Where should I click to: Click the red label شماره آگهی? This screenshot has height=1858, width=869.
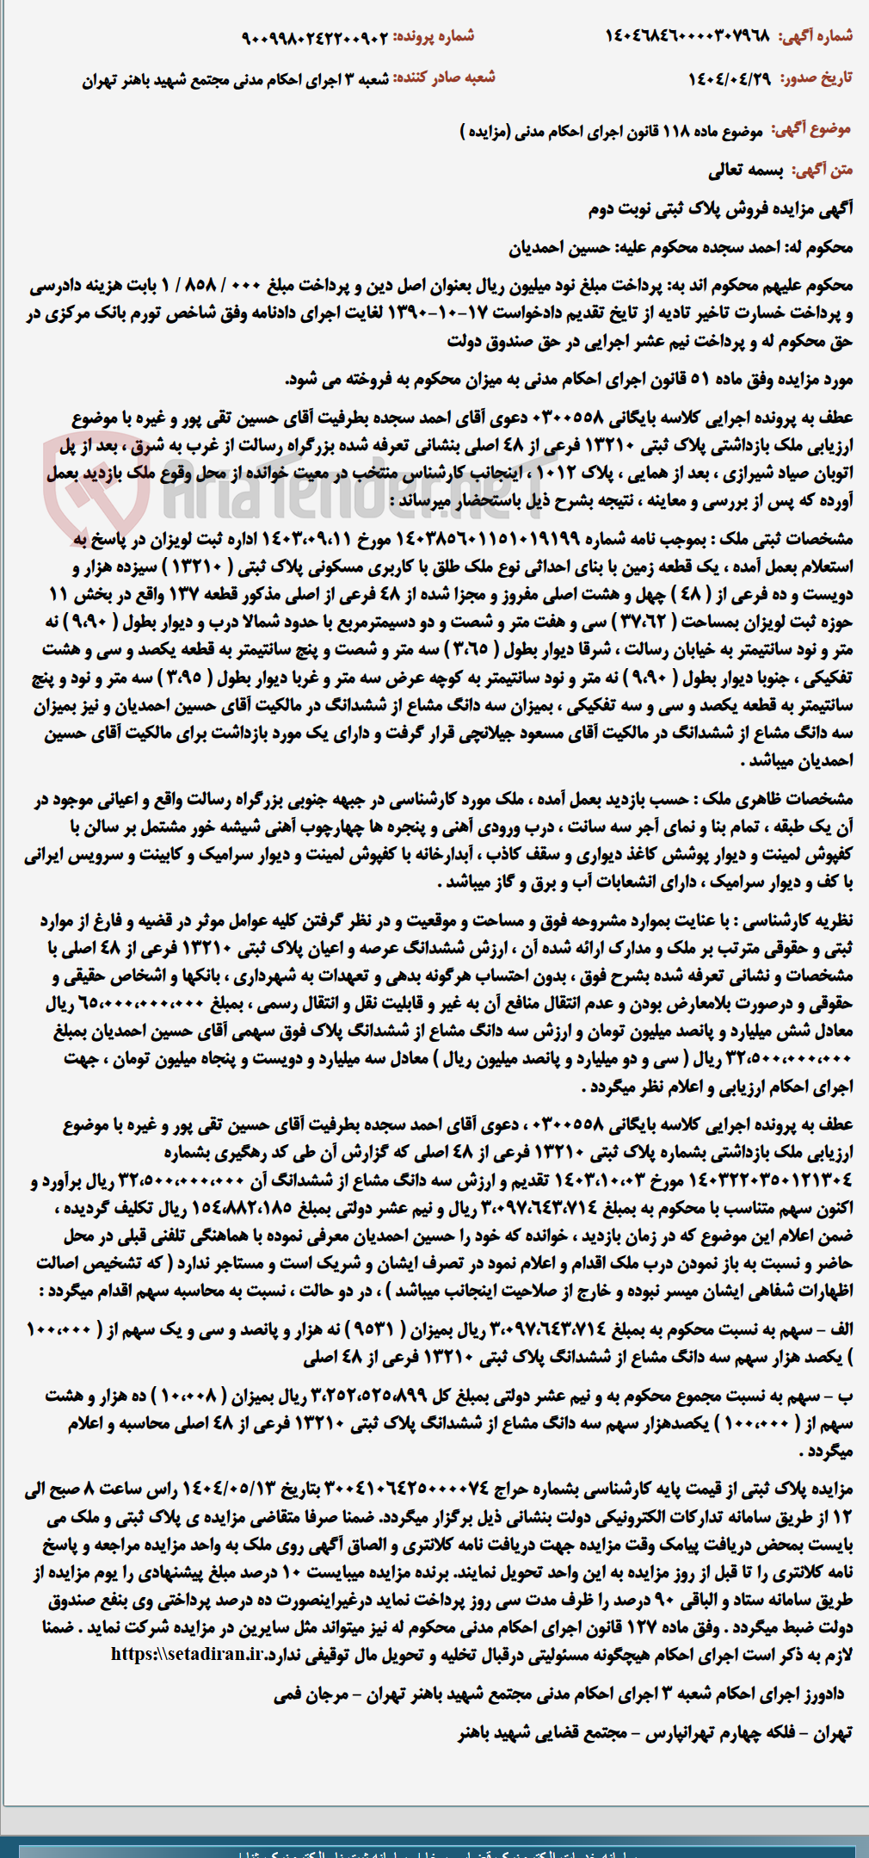coord(815,36)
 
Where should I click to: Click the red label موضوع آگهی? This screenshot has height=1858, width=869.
coord(810,129)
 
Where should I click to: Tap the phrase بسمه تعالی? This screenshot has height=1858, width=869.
coord(745,170)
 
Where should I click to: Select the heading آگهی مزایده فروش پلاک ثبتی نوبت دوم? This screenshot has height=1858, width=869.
coord(720,209)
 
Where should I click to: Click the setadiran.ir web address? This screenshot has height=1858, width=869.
coord(187,1655)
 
